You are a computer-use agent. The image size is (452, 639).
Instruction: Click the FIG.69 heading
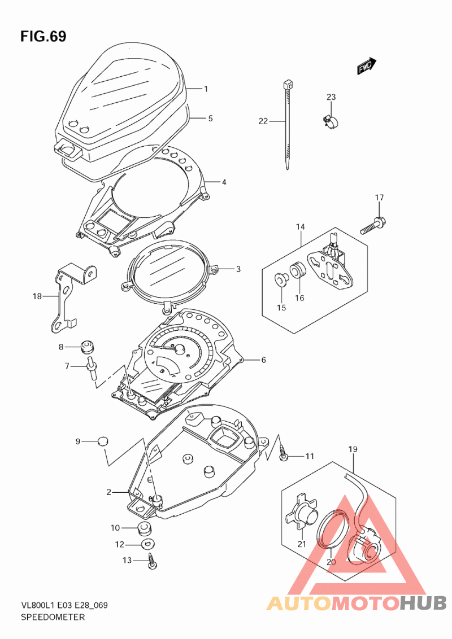coord(44,36)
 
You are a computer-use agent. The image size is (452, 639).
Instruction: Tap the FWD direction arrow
coord(367,65)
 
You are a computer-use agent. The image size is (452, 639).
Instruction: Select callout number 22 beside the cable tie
coord(263,121)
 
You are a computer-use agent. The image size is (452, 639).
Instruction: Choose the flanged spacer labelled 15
coord(281,279)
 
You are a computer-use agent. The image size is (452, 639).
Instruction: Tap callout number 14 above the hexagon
coord(301,226)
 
